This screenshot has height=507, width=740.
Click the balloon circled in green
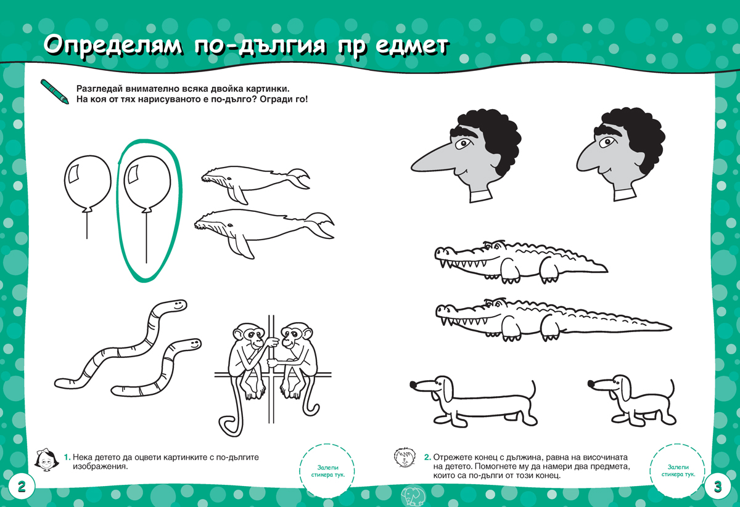tap(147, 184)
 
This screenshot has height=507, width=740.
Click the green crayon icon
tap(54, 91)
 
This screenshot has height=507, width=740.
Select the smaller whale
tap(255, 183)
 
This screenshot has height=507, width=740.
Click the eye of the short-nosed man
tap(607, 142)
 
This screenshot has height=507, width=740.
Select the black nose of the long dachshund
tap(413, 384)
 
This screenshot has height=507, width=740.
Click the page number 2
tap(22, 487)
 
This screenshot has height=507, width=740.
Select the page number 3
tap(718, 487)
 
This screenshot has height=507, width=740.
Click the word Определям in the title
tap(113, 46)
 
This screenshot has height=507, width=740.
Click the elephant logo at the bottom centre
tap(413, 496)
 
